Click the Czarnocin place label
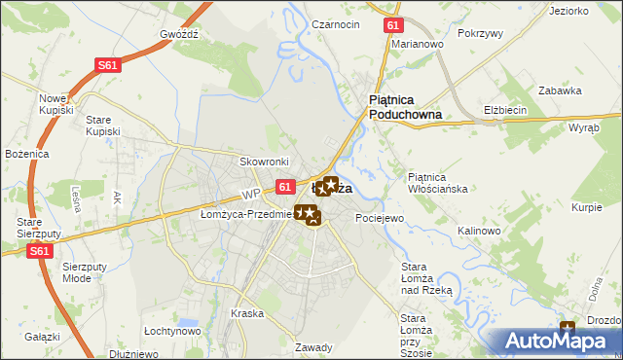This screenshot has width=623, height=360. (x=336, y=23)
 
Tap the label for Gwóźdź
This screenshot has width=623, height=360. (x=179, y=33)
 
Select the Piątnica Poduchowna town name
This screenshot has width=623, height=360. (x=405, y=106)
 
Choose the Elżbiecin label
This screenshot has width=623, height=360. (x=505, y=110)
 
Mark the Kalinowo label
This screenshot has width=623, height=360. (x=478, y=231)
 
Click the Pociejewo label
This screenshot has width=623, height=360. (x=379, y=218)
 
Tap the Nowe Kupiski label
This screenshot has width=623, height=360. (x=56, y=104)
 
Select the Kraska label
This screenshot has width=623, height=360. (x=248, y=313)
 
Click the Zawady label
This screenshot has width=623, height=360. (x=313, y=347)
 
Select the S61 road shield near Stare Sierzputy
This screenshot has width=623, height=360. (x=39, y=251)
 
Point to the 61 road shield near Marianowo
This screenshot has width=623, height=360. (x=391, y=26)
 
